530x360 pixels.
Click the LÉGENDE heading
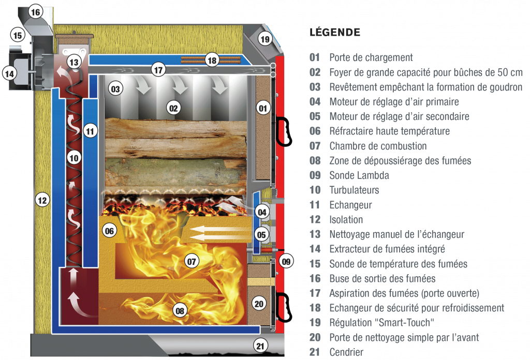click(335, 33)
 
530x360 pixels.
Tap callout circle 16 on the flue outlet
click(35, 12)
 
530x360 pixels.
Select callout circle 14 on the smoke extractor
click(9, 73)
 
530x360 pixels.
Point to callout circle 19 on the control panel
click(266, 39)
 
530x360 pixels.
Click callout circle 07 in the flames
click(192, 261)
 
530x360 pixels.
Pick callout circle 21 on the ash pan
click(260, 346)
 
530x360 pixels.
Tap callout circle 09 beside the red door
click(286, 261)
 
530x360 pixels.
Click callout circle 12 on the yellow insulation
click(42, 200)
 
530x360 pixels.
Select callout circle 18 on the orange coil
click(212, 61)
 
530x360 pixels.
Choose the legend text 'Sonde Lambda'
click(359, 175)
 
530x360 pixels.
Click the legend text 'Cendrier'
click(346, 352)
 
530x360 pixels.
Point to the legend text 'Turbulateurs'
click(354, 190)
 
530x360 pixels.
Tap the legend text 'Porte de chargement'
click(371, 57)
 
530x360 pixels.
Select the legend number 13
click(315, 234)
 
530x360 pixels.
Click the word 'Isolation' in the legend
click(346, 219)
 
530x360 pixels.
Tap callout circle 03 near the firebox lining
click(115, 89)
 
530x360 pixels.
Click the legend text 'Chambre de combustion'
click(378, 146)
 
